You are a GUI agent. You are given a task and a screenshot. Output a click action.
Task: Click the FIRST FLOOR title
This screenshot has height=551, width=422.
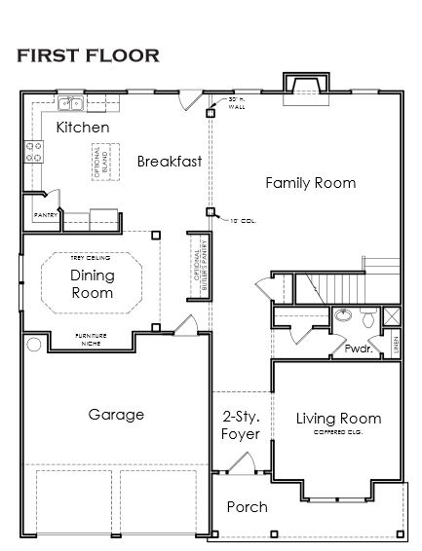(88, 55)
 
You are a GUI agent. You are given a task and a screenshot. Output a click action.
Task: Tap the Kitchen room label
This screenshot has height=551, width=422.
(82, 128)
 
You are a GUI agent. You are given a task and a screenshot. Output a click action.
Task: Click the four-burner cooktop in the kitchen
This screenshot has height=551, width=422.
(33, 151)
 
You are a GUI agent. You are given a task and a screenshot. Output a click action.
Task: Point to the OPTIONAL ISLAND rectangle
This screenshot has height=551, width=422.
(99, 160)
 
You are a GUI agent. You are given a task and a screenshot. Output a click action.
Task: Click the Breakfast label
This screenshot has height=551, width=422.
(169, 161)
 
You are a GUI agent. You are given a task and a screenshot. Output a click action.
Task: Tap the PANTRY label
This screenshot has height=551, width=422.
(45, 213)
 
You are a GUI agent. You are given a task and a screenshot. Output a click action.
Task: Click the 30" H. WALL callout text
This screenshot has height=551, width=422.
(237, 104)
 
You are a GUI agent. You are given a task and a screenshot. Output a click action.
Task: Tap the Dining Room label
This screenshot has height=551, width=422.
(92, 283)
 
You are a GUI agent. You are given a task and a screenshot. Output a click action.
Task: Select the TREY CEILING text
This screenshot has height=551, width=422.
(91, 258)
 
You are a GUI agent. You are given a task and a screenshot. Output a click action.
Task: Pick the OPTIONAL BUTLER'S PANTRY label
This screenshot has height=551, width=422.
(199, 264)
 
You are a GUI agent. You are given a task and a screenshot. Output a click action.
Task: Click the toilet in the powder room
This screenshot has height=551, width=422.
(366, 317)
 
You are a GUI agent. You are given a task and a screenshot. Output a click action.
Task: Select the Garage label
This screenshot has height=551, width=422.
(116, 414)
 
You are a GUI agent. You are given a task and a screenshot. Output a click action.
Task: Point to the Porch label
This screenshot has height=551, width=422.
(247, 507)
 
